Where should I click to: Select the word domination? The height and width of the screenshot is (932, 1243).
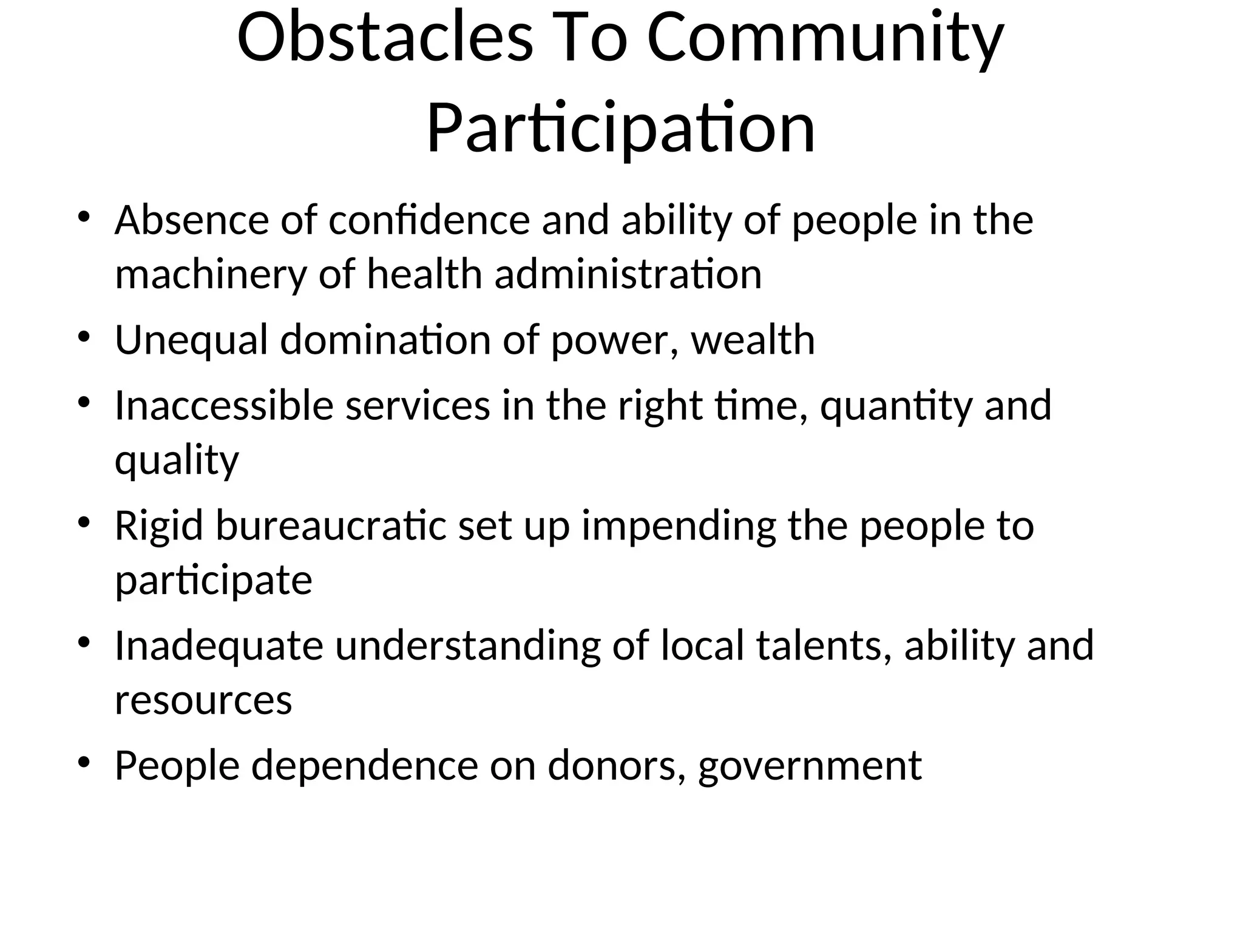(x=385, y=340)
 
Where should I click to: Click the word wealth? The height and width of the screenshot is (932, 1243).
(x=753, y=340)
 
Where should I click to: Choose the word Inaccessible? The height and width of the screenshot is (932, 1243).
(x=224, y=405)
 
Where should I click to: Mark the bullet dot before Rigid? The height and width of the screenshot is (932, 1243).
(x=84, y=522)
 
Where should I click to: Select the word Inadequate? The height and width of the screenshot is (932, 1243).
(x=218, y=646)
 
